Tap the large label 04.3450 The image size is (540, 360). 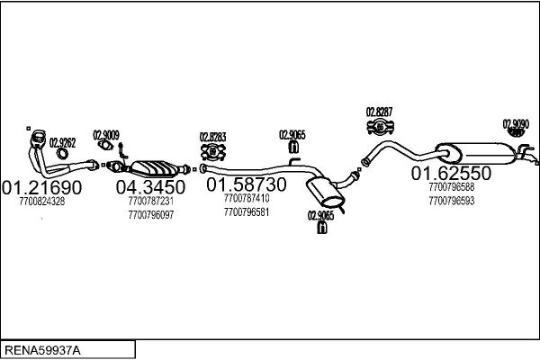150,187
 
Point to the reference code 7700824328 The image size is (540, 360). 41,202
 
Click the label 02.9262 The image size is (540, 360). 62,142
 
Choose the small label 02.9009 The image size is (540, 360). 106,134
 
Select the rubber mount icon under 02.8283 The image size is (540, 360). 212,151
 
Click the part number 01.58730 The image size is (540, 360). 247,184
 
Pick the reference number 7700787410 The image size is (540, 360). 247,198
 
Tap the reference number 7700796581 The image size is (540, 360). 247,212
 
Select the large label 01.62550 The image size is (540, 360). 452,172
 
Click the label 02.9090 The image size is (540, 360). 516,124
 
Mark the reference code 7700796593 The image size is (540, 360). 452,201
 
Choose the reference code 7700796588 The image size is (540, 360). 452,187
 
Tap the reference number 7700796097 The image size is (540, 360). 151,215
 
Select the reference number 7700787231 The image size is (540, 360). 151,202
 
